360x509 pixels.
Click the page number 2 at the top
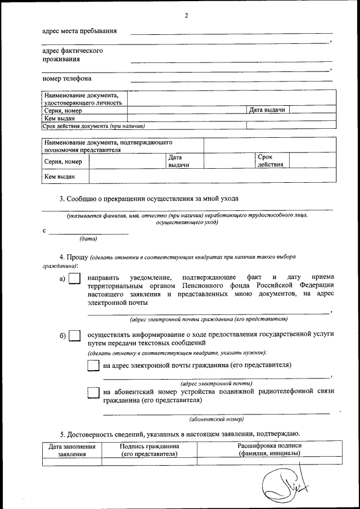[186, 15]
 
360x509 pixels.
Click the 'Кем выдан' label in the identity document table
[60, 118]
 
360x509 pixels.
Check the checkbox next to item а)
[74, 278]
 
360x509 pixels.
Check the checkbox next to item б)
[74, 336]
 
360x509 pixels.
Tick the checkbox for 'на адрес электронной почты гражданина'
[94, 366]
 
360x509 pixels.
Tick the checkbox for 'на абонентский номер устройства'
[94, 393]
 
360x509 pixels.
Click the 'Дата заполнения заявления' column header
[72, 451]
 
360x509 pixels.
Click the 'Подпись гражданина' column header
[149, 450]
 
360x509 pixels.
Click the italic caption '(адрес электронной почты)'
[217, 383]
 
